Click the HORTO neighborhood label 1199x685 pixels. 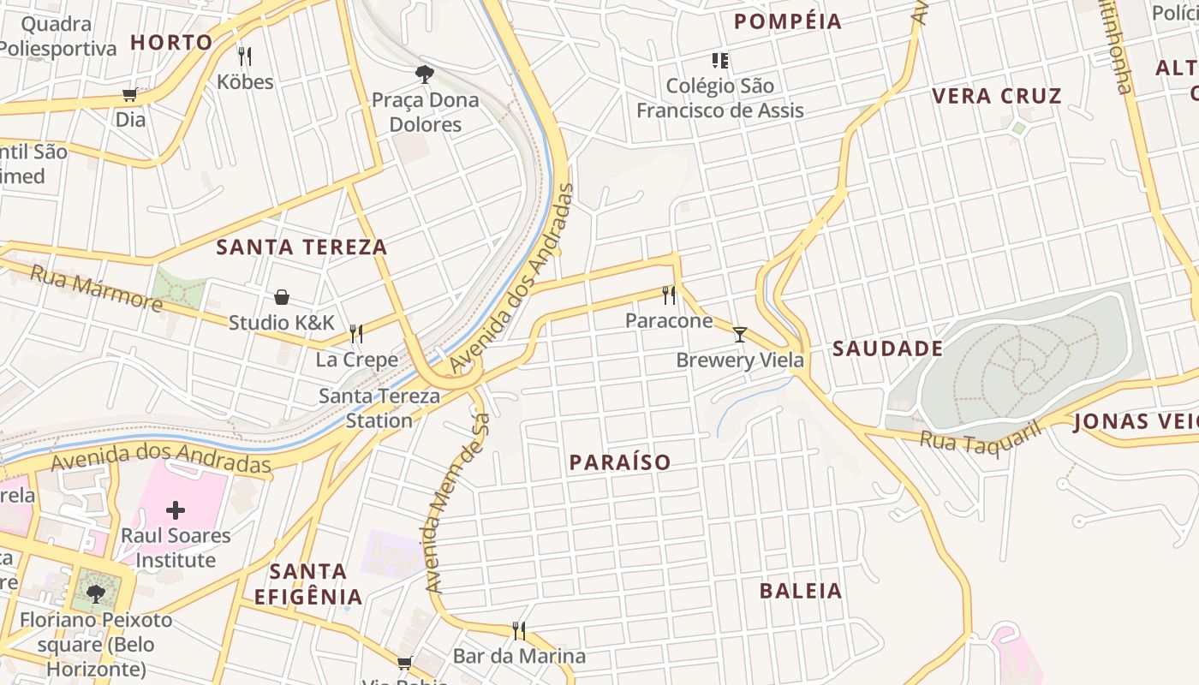171,42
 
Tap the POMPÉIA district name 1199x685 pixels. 788,21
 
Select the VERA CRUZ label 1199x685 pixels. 997,95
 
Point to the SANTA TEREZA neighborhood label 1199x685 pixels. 301,247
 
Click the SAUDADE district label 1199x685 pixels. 888,348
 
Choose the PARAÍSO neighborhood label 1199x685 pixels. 620,462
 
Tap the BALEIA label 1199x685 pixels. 801,591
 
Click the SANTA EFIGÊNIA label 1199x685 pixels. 308,584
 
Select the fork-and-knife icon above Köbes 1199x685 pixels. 245,57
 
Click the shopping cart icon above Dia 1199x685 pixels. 130,94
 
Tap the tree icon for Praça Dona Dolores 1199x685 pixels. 424,74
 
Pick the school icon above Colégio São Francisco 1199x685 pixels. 720,60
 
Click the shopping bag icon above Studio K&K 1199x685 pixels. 282,297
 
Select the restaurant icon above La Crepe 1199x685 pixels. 356,333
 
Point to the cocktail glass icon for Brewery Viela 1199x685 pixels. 740,334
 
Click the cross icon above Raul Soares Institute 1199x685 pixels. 176,511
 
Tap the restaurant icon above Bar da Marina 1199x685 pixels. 519,631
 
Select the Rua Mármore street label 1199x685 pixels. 96,289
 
